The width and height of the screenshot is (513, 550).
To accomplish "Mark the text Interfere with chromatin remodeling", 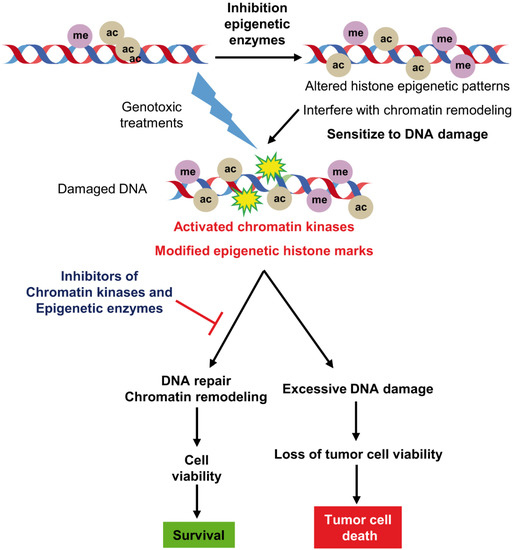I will coord(397,112).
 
